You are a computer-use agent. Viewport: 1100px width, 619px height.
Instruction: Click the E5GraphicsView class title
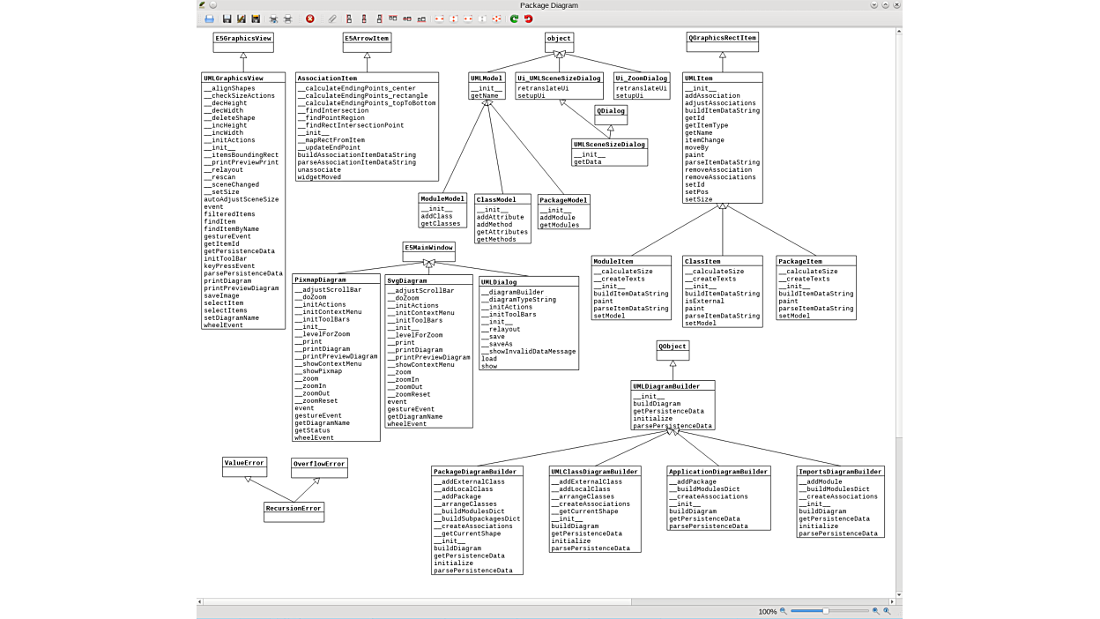tap(243, 38)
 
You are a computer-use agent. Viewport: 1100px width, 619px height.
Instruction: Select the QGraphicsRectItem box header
tap(722, 38)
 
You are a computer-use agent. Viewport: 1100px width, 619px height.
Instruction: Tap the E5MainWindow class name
tap(428, 248)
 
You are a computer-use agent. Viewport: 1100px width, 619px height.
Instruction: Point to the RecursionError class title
tap(294, 508)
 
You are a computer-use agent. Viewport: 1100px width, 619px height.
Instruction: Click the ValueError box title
tap(244, 463)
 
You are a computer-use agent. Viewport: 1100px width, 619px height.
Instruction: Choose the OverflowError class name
tap(319, 464)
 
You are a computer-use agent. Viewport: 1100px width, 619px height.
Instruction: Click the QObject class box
tap(673, 347)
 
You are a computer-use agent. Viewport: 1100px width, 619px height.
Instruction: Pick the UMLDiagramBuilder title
tap(673, 386)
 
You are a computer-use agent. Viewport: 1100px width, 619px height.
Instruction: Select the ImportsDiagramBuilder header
tap(840, 472)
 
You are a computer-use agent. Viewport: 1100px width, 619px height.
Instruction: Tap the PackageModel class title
tap(563, 200)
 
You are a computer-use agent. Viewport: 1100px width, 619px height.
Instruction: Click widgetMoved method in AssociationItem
tap(319, 177)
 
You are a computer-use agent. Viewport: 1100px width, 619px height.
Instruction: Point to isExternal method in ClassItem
tap(704, 301)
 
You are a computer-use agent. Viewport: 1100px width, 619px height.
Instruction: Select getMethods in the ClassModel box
tap(496, 240)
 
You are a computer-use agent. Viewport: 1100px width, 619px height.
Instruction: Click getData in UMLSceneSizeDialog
tap(588, 162)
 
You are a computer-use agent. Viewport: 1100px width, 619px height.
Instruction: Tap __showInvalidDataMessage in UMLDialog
tap(529, 351)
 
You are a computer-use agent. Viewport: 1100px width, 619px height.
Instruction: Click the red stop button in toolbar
tap(310, 19)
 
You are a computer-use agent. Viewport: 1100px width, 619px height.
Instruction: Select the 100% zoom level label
tap(767, 611)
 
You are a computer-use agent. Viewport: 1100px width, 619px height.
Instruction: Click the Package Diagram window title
tap(549, 5)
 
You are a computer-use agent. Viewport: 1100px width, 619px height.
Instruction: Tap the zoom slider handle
tap(825, 611)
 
